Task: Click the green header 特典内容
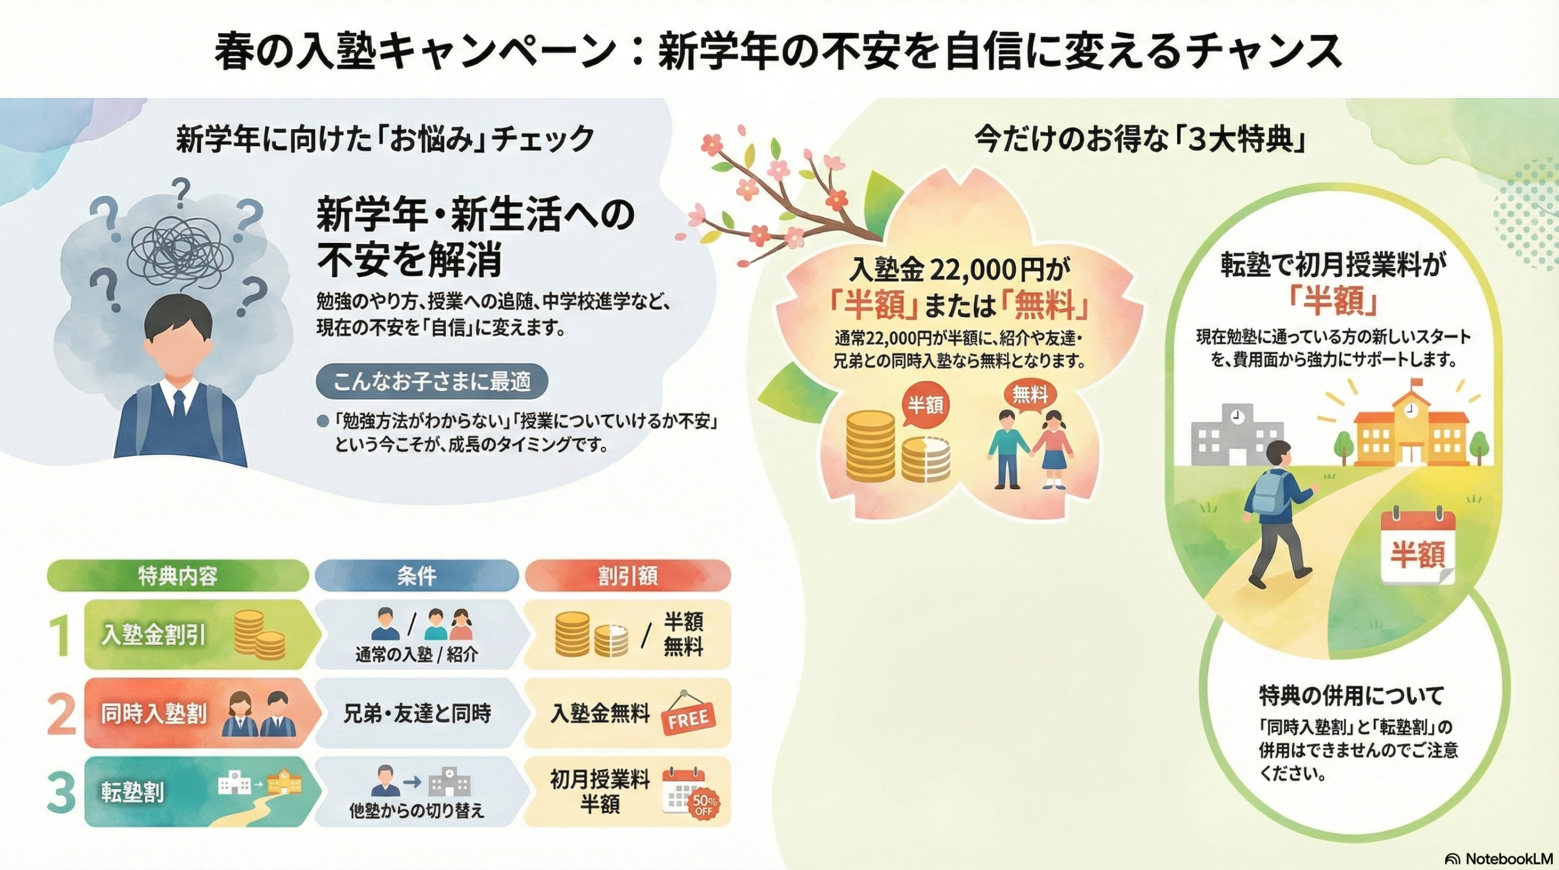[x=177, y=576]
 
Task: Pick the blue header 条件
[x=417, y=576]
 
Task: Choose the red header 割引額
[x=627, y=576]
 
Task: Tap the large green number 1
[x=60, y=636]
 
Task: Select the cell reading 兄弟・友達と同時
[x=417, y=713]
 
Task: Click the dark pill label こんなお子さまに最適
[x=432, y=382]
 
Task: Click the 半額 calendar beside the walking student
[x=1418, y=548]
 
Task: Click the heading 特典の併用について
[x=1351, y=696]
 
